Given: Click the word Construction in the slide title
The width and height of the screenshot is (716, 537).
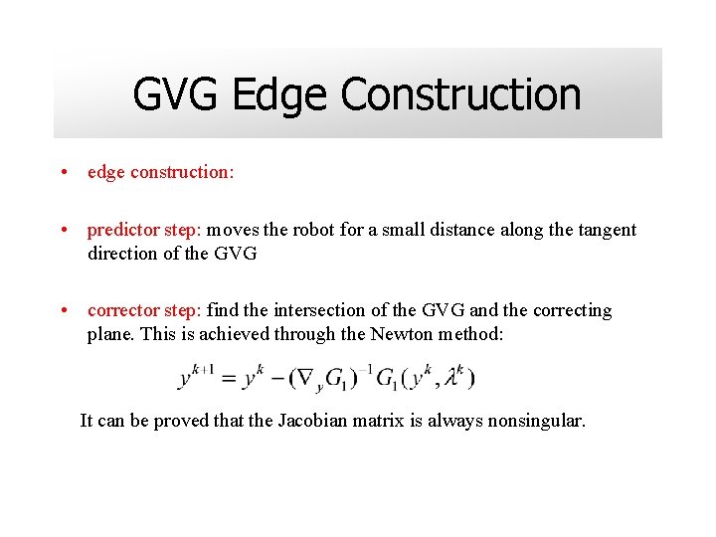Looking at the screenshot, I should (460, 95).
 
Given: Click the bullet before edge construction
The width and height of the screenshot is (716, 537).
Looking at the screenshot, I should (64, 172).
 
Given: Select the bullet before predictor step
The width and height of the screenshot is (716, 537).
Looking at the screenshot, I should (64, 230).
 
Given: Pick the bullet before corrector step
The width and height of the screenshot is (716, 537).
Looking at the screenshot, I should (64, 310).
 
